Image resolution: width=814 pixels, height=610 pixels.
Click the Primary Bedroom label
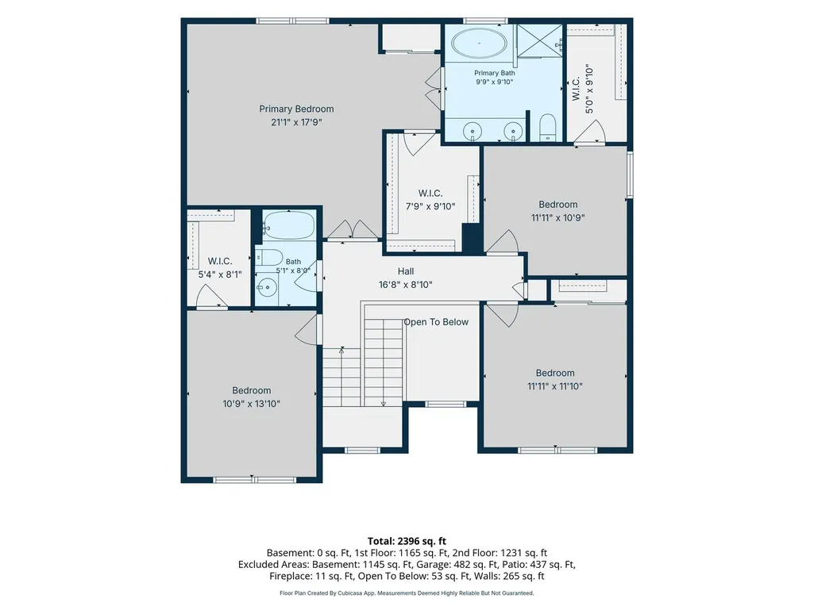(296, 109)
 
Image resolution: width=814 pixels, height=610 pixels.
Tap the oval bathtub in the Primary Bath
(479, 43)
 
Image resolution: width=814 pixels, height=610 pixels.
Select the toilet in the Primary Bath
(548, 128)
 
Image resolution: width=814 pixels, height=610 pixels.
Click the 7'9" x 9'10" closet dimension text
(430, 206)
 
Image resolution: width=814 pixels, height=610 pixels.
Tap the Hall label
(406, 271)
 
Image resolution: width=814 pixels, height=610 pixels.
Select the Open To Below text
(436, 322)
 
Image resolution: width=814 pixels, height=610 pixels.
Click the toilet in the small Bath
(268, 257)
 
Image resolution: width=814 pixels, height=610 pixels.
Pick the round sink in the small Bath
(268, 287)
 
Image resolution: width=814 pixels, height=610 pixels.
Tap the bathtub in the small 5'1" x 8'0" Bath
(288, 224)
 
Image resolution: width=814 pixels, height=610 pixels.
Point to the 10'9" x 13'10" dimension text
(251, 404)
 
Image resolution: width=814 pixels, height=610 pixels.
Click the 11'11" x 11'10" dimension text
(555, 386)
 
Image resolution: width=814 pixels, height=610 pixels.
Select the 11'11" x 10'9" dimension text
(558, 218)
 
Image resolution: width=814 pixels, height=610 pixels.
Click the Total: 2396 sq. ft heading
(407, 542)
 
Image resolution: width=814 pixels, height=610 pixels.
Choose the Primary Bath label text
(495, 73)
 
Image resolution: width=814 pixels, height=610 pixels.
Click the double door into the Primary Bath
(434, 88)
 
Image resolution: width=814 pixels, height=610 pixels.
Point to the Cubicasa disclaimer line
(407, 593)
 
